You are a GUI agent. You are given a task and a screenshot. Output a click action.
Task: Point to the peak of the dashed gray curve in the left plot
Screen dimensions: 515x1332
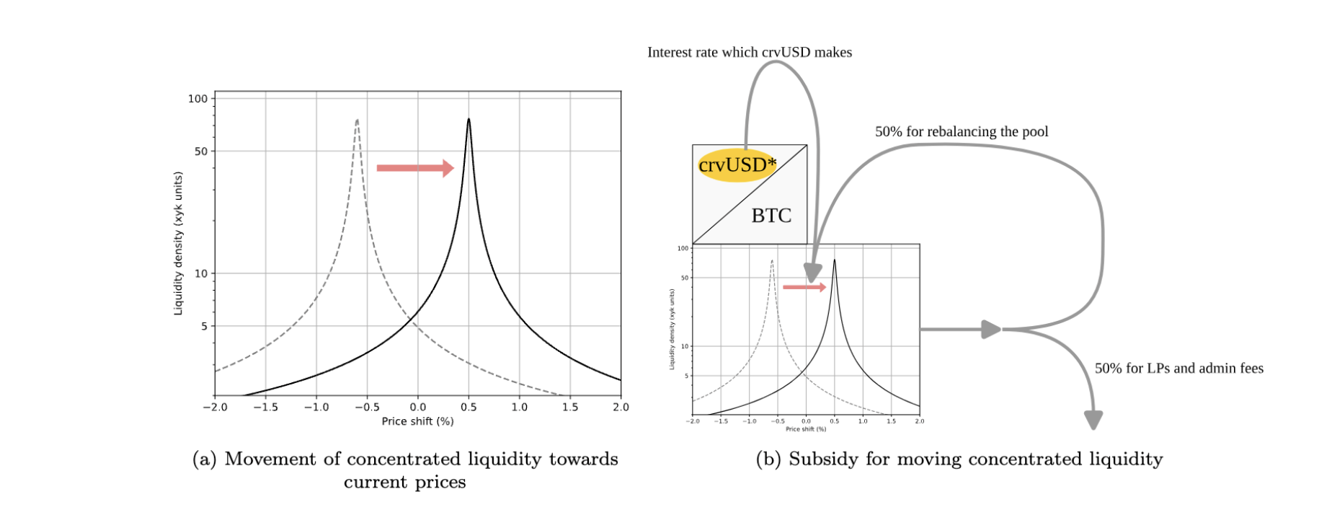click(357, 121)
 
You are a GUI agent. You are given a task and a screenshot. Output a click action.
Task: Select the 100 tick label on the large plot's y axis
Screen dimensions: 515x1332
click(197, 99)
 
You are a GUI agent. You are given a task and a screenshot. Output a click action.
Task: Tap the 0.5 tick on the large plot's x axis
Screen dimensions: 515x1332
click(469, 407)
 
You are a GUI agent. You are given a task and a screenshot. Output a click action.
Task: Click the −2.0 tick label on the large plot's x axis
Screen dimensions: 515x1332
click(215, 407)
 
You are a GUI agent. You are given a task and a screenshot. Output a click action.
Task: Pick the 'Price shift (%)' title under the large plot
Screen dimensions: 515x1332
click(417, 421)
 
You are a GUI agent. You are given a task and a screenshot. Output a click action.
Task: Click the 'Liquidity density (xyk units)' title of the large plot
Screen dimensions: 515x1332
click(178, 243)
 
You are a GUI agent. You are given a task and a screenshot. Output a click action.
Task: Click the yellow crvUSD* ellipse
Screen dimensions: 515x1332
click(736, 165)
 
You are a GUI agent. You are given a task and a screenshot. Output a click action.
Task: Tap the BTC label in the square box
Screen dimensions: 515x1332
click(771, 215)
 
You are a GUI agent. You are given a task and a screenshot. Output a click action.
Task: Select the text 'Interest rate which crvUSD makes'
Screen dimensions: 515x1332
click(750, 52)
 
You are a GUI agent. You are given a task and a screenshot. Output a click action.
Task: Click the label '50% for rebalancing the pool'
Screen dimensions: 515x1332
click(962, 131)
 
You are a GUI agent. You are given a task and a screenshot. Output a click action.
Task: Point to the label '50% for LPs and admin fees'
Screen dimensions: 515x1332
click(1178, 368)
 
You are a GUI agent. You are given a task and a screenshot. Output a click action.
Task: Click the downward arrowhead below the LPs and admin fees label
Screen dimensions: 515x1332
click(1093, 420)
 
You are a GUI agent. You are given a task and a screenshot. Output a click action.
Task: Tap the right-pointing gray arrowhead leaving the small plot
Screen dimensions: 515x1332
click(992, 330)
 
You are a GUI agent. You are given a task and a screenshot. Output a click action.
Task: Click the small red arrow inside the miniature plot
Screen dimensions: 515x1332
click(804, 287)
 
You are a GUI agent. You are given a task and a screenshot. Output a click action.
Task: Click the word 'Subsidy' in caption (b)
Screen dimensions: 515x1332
click(818, 459)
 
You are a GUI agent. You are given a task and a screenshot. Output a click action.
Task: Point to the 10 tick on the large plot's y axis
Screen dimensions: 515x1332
click(200, 273)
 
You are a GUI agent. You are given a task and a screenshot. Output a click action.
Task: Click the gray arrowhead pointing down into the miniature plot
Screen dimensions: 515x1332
click(812, 273)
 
